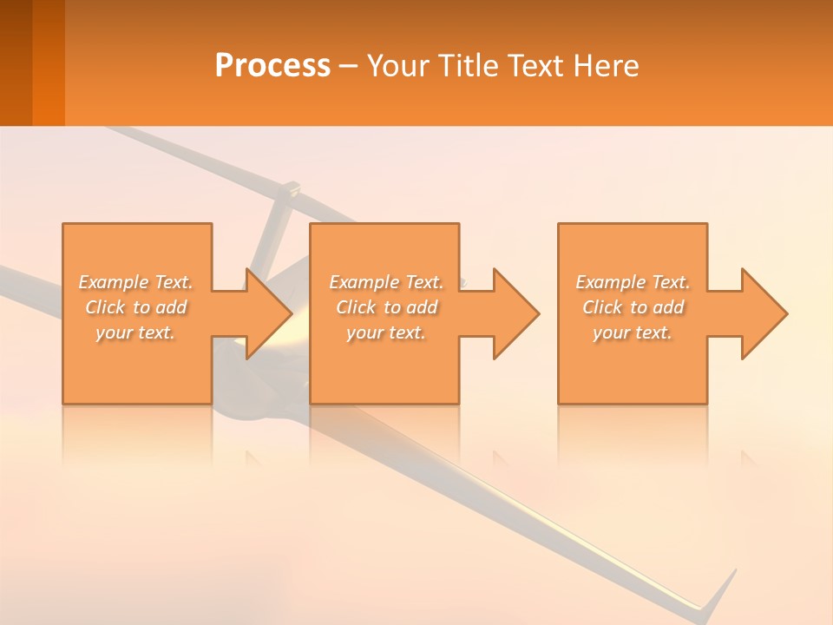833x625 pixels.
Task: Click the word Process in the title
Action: [x=272, y=65]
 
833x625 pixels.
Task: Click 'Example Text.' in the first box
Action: [x=135, y=282]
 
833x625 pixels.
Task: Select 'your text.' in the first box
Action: [x=135, y=332]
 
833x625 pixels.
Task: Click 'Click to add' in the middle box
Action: [x=386, y=307]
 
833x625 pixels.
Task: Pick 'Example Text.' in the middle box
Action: [x=386, y=282]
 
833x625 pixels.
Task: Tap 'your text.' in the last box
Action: [x=633, y=332]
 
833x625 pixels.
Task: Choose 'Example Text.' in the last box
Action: [x=633, y=282]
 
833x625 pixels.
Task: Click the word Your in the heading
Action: [x=396, y=65]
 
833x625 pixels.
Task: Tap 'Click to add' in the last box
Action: [x=633, y=307]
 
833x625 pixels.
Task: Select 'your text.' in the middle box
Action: [x=386, y=332]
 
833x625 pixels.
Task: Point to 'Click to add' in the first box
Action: [x=135, y=307]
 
